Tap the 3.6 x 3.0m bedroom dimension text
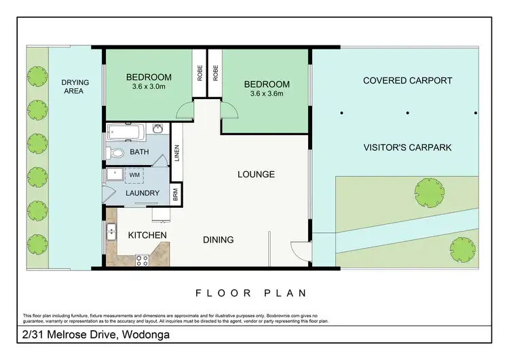(149, 87)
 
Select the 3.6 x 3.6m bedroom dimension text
(266, 94)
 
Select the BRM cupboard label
(175, 193)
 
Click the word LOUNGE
(256, 175)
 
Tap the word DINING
(218, 240)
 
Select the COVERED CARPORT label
(407, 80)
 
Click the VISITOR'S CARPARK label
(407, 147)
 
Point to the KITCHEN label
(147, 235)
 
